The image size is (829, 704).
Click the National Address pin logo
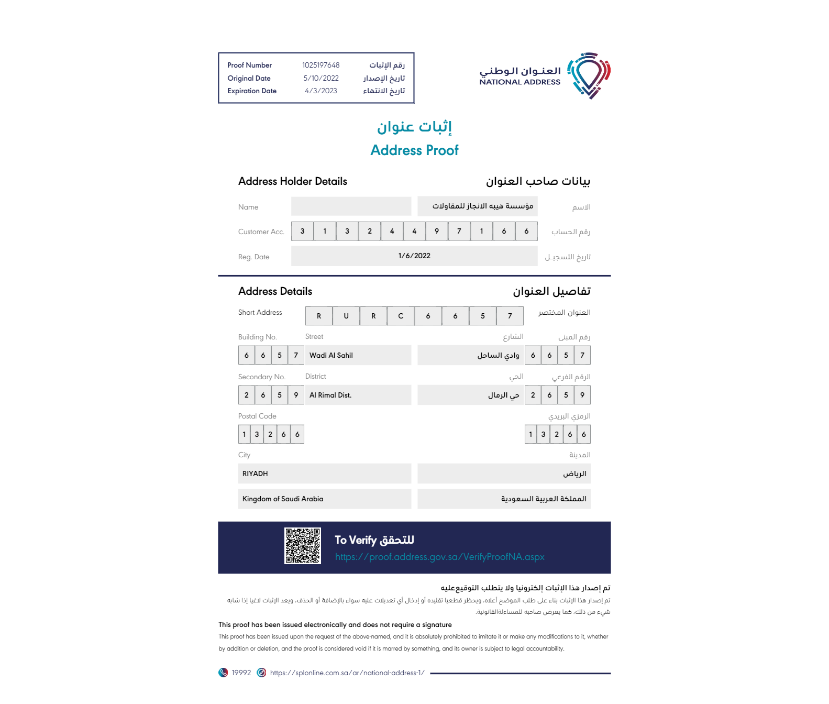(590, 75)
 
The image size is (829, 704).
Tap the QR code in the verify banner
(302, 546)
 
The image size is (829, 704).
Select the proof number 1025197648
(320, 65)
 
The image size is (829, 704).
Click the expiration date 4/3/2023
(320, 91)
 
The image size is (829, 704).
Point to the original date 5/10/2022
(320, 79)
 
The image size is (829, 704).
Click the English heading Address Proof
(414, 150)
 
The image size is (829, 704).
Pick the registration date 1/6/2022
(414, 256)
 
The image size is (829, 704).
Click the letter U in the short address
(346, 316)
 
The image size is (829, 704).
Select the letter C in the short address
(401, 316)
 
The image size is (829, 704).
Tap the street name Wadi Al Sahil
(331, 355)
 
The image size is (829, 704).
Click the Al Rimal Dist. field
(330, 395)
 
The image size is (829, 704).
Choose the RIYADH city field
(255, 474)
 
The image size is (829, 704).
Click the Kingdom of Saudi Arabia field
(283, 499)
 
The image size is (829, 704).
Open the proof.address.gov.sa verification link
(439, 557)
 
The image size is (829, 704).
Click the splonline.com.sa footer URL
(347, 673)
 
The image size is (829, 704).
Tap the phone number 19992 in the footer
(241, 673)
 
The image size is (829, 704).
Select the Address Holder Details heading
(292, 181)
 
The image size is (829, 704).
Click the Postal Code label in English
(257, 416)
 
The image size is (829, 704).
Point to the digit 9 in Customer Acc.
(437, 231)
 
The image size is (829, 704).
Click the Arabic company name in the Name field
(482, 206)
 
